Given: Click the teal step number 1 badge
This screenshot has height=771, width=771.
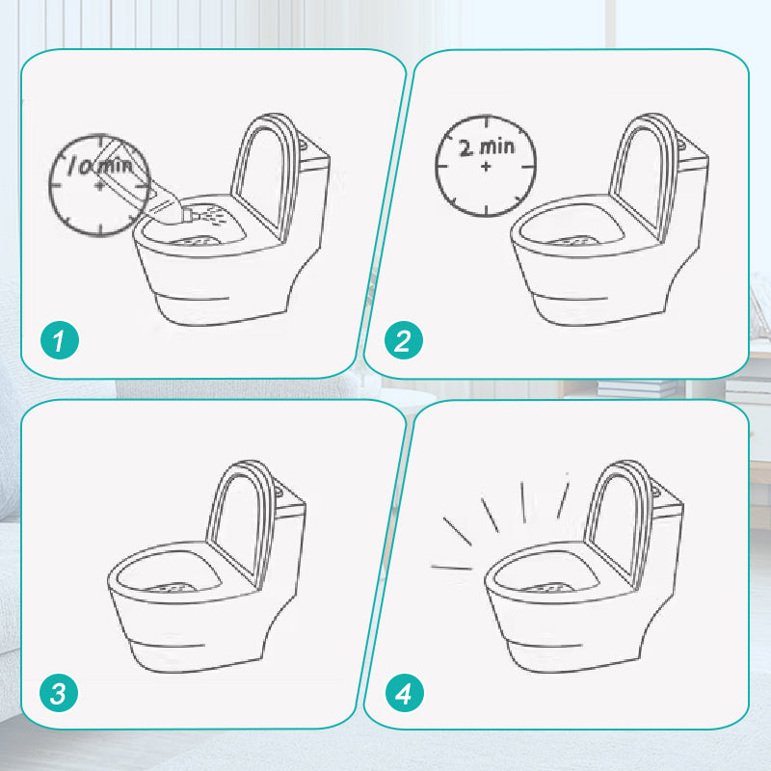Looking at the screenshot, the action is pyautogui.click(x=60, y=340).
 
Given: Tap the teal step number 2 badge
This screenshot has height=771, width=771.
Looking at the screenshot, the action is pyautogui.click(x=403, y=340).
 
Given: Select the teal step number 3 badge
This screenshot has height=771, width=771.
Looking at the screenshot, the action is pyautogui.click(x=59, y=693).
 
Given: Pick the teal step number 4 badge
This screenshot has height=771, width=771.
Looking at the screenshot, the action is pyautogui.click(x=404, y=693).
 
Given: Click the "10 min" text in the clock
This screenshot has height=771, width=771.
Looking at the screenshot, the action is pyautogui.click(x=100, y=165).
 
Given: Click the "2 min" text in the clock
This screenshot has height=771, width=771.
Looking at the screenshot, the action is pyautogui.click(x=487, y=147).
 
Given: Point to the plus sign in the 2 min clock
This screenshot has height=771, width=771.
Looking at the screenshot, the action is pyautogui.click(x=486, y=167).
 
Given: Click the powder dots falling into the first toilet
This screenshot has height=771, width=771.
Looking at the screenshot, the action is pyautogui.click(x=213, y=215).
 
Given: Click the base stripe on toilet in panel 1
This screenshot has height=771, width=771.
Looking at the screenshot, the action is pyautogui.click(x=196, y=297).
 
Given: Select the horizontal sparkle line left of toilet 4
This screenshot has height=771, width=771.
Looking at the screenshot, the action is pyautogui.click(x=451, y=568).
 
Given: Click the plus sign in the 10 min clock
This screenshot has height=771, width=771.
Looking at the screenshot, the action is pyautogui.click(x=100, y=185).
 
